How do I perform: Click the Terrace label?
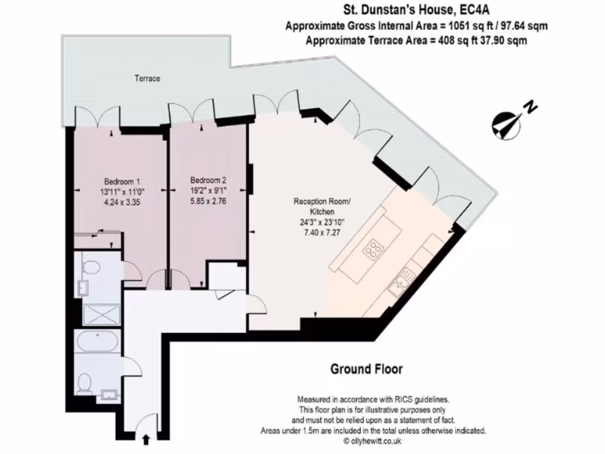[x=147, y=78]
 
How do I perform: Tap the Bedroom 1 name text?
[x=122, y=181]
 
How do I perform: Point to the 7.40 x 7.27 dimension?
[x=322, y=232]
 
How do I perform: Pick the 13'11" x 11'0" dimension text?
[x=122, y=192]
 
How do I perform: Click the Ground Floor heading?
[x=366, y=369]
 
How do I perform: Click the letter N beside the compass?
[x=531, y=107]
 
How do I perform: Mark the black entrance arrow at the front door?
[x=146, y=439]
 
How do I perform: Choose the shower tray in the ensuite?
[x=100, y=315]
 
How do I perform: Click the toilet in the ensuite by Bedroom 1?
[x=90, y=269]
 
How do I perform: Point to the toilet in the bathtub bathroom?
[x=85, y=385]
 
